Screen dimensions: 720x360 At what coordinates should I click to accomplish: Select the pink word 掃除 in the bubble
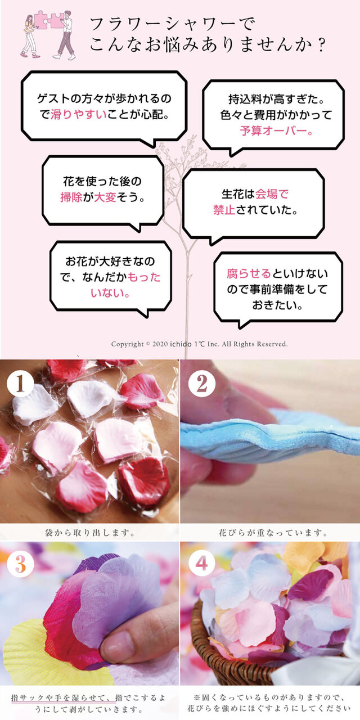coord(71,197)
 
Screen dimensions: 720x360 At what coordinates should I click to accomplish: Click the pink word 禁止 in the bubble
coord(223,210)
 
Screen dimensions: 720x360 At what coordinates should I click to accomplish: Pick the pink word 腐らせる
coord(249,274)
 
